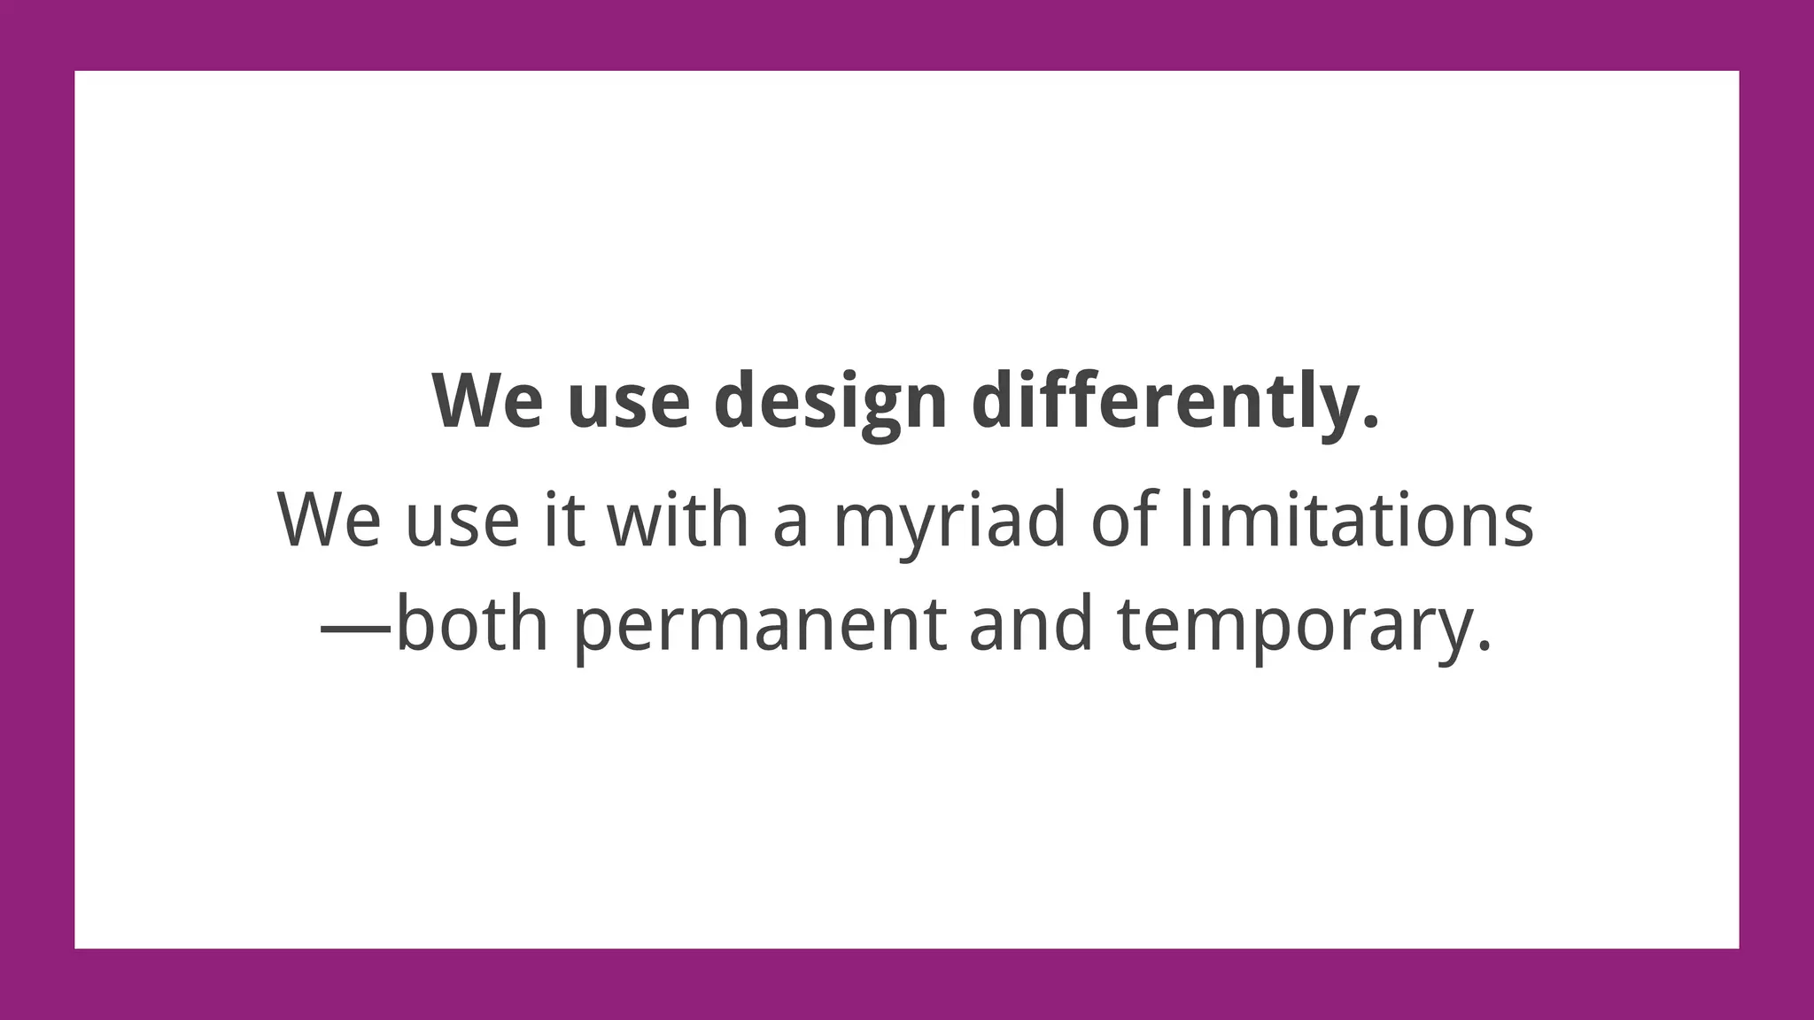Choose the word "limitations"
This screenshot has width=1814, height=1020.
pos(1357,520)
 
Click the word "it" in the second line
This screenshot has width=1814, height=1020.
pos(565,520)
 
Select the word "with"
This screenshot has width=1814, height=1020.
pos(678,520)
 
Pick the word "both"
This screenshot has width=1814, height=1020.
pos(472,624)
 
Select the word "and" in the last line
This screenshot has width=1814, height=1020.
pos(1031,624)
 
